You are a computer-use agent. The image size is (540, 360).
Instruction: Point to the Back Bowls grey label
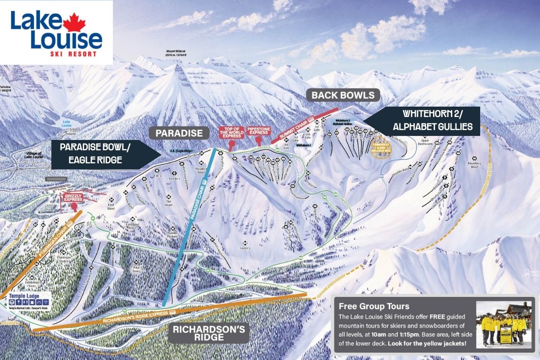343,95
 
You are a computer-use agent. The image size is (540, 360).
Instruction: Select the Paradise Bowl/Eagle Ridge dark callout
99,154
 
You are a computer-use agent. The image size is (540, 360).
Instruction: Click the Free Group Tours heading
368,307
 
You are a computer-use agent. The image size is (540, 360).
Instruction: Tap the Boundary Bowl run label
473,165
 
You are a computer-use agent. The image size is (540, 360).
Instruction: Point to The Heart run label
169,207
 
